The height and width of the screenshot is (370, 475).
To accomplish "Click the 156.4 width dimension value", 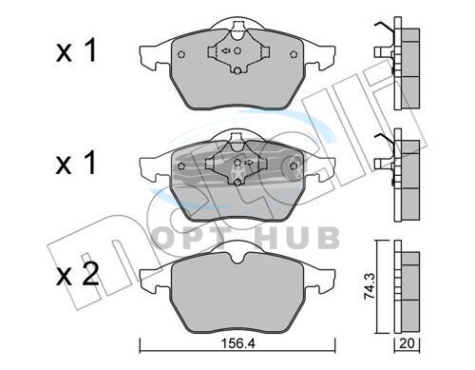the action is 237,343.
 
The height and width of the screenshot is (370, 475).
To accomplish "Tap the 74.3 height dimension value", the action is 370,286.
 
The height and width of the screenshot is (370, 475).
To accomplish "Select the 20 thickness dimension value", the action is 407,343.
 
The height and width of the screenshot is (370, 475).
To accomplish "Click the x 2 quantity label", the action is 77,274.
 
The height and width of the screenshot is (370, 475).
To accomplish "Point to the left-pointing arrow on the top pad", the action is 225,50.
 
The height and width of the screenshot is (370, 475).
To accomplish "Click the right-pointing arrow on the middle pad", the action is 249,163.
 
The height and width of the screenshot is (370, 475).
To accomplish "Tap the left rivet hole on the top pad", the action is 181,54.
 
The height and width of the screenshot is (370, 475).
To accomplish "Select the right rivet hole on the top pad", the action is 294,54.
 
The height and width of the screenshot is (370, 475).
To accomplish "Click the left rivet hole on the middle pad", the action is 181,166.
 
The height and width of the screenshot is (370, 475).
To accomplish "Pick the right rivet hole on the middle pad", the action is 294,166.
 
